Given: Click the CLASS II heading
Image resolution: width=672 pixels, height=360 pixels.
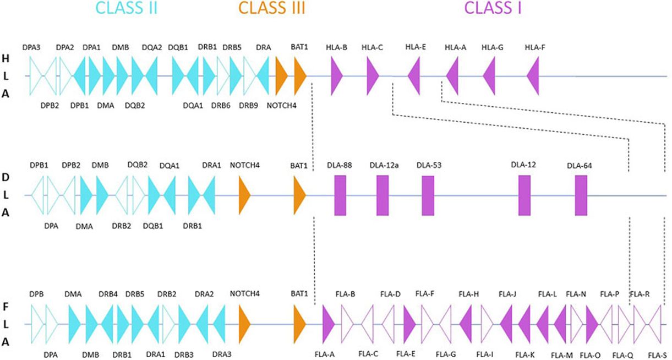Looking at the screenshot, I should pos(126,8).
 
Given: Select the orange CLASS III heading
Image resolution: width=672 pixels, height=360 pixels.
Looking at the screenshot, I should pos(271,8).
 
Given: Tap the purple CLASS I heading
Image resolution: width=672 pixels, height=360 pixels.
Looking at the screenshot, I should pos(493,8).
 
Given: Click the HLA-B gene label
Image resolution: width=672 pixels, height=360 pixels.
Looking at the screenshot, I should pos(336,47).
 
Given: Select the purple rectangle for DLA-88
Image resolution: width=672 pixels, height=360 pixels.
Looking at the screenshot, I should pos(340,195).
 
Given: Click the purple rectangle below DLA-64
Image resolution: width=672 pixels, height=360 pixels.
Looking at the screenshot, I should pos(581,195).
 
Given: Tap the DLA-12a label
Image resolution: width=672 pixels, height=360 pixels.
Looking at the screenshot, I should pos(383,165).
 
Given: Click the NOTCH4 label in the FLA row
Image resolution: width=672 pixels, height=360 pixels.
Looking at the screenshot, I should pos(244,294).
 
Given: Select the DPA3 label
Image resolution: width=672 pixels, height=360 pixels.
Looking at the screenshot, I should pos(31,48).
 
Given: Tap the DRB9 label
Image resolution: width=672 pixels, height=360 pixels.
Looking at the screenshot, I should pos(248,105).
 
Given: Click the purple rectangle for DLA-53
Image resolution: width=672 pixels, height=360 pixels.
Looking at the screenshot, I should pos(428,195).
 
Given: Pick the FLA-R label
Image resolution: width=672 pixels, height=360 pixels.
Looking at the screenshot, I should pos(640,294).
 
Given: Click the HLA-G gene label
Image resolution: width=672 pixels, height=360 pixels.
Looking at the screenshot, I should pos(493,47).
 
